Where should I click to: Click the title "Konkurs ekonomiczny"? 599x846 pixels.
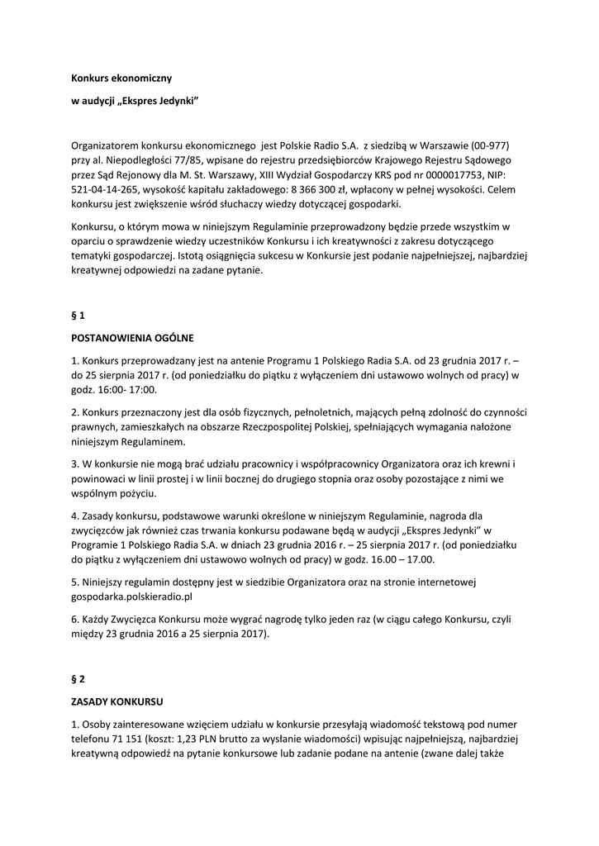121,78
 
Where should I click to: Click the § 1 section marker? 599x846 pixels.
78,316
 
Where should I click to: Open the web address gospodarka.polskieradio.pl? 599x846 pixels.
131,596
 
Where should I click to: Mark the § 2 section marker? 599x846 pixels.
78,679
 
